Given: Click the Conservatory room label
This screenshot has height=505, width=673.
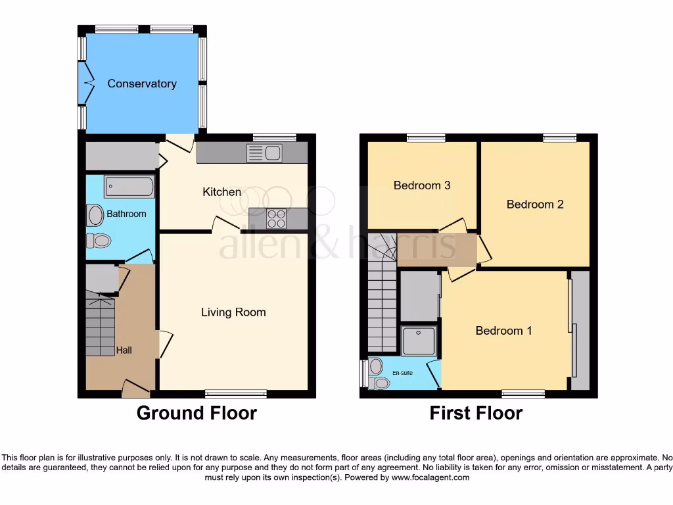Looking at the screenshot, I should click(x=142, y=84).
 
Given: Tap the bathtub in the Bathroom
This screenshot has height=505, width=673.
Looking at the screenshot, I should click(x=129, y=187).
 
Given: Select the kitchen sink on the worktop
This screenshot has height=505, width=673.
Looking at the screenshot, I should click(x=264, y=153).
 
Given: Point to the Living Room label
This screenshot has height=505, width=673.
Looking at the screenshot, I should click(x=233, y=312).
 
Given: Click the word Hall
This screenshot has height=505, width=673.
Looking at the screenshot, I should click(x=124, y=350).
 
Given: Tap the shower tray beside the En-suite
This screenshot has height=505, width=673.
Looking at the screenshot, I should click(x=419, y=341).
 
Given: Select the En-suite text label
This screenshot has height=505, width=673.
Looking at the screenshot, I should click(x=402, y=373).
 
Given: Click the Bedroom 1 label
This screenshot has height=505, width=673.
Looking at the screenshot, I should click(x=503, y=331).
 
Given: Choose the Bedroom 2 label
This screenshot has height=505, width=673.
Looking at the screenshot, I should click(x=535, y=204).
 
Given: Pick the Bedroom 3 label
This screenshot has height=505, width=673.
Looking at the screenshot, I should click(x=422, y=185).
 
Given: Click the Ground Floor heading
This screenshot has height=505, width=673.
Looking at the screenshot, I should click(x=197, y=413).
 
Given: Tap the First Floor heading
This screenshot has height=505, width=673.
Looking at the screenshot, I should click(x=476, y=413).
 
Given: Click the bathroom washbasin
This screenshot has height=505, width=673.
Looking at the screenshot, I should click(x=95, y=215).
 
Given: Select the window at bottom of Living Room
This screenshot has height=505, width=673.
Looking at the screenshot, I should click(x=235, y=394).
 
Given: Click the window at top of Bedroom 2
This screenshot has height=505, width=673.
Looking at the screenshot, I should click(x=560, y=137).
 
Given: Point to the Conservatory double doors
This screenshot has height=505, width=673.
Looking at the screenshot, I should click(x=83, y=83).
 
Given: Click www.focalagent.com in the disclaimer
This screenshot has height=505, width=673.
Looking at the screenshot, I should click(x=430, y=477).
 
